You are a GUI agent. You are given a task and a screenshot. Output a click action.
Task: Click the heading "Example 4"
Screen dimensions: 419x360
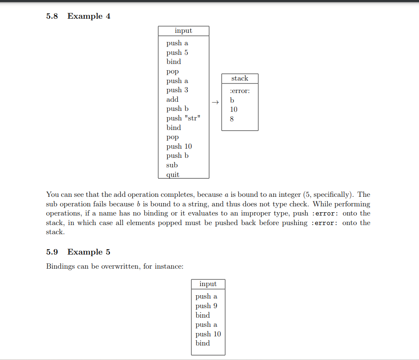coord(89,16)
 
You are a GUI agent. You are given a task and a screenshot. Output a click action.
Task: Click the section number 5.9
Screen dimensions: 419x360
coord(52,252)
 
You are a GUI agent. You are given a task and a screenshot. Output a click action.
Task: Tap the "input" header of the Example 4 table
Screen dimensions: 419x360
coord(183,31)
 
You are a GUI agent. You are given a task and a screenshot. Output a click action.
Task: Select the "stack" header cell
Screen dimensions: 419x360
coord(240,78)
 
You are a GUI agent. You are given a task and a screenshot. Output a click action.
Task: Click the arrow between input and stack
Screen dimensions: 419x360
coord(215,102)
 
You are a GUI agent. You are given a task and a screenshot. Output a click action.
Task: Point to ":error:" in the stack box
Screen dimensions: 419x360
coord(240,91)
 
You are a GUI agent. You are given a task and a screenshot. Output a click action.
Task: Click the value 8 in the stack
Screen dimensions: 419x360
coord(232,119)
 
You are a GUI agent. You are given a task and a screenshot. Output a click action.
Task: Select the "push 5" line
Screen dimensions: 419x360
coord(177,52)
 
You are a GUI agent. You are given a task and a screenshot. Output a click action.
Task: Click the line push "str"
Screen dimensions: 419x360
coord(184,118)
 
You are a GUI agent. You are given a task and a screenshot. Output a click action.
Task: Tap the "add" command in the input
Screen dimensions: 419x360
coord(172,99)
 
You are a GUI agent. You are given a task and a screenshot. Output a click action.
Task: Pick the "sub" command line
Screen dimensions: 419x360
coord(172,165)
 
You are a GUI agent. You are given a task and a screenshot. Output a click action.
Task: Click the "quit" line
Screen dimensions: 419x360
coord(173,174)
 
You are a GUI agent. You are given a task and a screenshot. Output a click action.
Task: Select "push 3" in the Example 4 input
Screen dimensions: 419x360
coord(177,90)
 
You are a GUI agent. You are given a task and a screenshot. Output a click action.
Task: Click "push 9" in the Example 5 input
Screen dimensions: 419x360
coord(206,306)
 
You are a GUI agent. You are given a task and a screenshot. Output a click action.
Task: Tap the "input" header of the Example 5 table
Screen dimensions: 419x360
coord(208,284)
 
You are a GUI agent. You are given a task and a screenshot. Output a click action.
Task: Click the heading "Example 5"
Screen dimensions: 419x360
coord(89,252)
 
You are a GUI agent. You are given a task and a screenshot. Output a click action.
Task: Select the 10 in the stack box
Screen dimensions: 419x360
coord(234,110)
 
